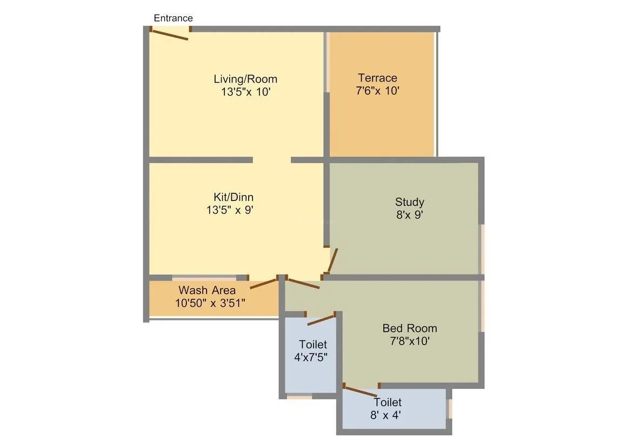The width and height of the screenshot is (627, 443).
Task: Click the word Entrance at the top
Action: [x=173, y=18]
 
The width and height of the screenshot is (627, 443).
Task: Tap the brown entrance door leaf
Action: [x=169, y=35]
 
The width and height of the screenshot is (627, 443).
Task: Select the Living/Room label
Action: [x=245, y=79]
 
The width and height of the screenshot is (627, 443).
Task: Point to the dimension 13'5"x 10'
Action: [x=245, y=92]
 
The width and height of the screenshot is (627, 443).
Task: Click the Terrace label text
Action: [x=377, y=78]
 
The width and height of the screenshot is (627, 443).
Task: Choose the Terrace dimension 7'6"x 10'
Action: [x=377, y=91]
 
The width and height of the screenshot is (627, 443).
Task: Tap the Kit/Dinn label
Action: [x=233, y=197]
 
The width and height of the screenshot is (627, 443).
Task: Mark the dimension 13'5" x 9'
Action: [x=230, y=210]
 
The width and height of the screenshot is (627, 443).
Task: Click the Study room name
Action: [x=409, y=202]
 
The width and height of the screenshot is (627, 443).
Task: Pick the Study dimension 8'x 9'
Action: [x=409, y=215]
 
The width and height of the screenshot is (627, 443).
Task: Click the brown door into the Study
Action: [x=332, y=261]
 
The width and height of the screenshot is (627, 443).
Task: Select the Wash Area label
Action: [x=207, y=291]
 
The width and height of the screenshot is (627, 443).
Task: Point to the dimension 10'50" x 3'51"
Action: [x=210, y=303]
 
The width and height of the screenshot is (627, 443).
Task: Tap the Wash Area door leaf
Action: [x=263, y=283]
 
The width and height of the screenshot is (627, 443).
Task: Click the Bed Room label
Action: [x=409, y=328]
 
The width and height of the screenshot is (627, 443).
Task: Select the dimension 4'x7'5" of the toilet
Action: [x=311, y=357]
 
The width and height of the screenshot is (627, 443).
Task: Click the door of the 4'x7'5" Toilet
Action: [x=321, y=320]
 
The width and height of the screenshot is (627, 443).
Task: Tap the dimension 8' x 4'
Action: [x=385, y=415]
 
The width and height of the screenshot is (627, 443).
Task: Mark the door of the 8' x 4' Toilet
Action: [x=361, y=391]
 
